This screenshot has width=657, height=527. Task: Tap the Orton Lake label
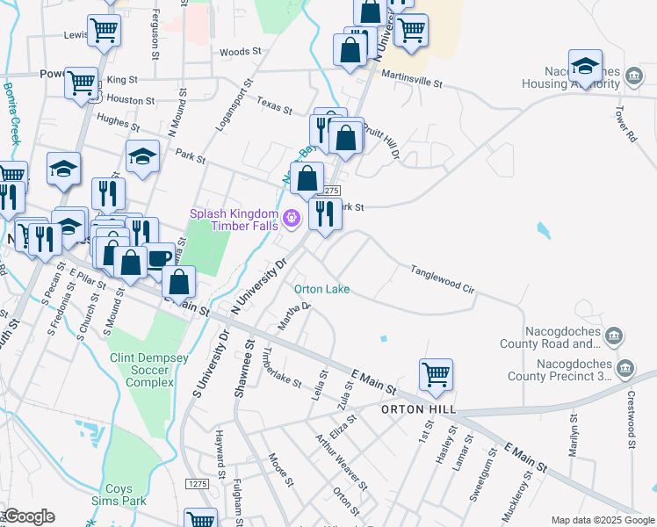pyautogui.click(x=321, y=289)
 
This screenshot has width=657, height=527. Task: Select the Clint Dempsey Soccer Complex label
pyautogui.click(x=143, y=371)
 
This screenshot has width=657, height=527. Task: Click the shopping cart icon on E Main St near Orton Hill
pyautogui.click(x=436, y=374)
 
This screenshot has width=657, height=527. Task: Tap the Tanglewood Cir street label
pyautogui.click(x=443, y=278)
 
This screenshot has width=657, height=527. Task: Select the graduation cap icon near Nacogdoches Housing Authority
pyautogui.click(x=585, y=67)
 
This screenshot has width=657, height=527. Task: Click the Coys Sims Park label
pyautogui.click(x=119, y=495)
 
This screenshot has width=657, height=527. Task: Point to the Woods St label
pyautogui.click(x=235, y=53)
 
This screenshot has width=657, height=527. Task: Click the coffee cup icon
pyautogui.click(x=160, y=258)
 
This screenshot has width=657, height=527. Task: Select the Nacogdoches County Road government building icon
pyautogui.click(x=614, y=336)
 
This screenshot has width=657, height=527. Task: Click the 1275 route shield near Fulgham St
pyautogui.click(x=198, y=484)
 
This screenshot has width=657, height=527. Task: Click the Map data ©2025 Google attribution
pyautogui.click(x=603, y=519)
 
